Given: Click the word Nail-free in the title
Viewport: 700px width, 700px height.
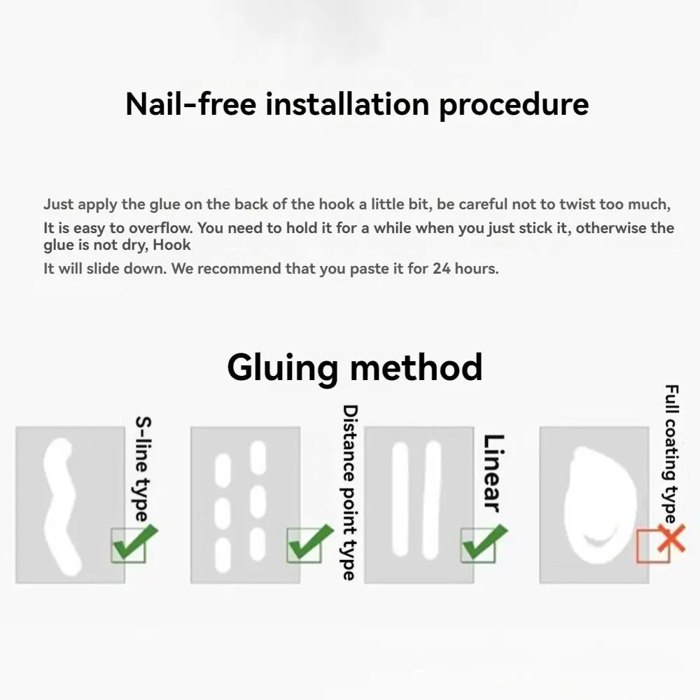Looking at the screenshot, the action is [x=191, y=104].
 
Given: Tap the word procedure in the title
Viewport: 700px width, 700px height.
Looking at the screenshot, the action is [x=514, y=106].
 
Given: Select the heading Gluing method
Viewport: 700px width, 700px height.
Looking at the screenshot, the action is [x=355, y=368].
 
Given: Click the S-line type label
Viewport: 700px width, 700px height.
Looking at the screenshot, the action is [x=143, y=469].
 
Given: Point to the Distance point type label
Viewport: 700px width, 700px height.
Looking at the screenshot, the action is [x=349, y=492].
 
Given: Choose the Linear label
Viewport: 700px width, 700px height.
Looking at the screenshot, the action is [x=494, y=473].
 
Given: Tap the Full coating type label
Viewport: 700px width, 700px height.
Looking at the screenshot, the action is [x=671, y=454].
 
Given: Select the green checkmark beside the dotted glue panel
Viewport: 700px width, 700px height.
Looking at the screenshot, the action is [x=310, y=543].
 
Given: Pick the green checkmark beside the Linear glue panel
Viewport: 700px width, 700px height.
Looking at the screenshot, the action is [x=484, y=543].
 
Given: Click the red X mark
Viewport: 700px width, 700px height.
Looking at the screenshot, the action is [x=671, y=539].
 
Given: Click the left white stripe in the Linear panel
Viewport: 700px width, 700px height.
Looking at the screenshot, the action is [x=400, y=499].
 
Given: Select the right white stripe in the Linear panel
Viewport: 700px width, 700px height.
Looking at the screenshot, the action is [x=432, y=500].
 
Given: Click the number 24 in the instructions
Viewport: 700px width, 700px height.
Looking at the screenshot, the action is [x=442, y=269].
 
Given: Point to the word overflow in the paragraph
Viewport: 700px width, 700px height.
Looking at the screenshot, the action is [x=160, y=228].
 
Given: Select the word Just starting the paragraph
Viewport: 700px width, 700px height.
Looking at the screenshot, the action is [x=59, y=204].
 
